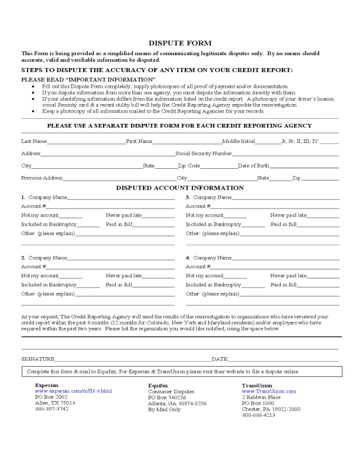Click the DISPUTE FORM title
180,43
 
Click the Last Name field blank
86,141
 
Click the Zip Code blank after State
218,166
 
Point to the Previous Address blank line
119,178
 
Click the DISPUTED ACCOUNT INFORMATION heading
180,188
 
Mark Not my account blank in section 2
70,276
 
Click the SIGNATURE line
132,359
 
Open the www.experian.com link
74,391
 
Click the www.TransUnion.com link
268,391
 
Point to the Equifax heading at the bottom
158,385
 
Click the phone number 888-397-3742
52,409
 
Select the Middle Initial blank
268,141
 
